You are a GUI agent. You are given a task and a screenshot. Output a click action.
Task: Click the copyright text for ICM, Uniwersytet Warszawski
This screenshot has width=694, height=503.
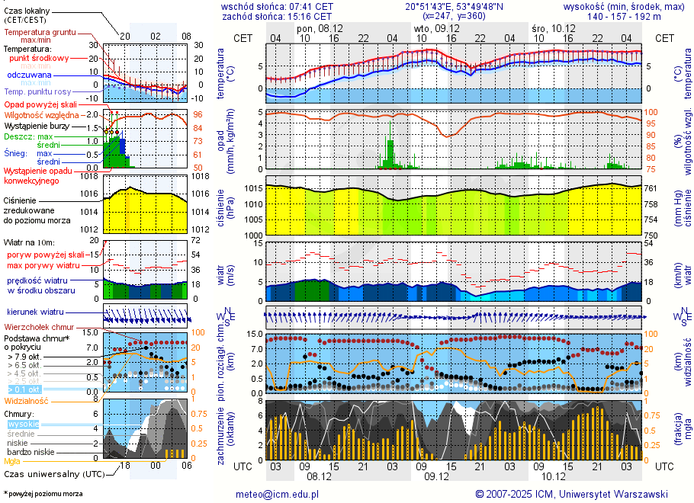pos(571,494)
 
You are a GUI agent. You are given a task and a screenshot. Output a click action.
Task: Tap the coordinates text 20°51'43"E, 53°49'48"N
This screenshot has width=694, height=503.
pos(454,5)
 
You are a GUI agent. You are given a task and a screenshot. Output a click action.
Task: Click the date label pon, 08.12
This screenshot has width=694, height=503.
pos(320,28)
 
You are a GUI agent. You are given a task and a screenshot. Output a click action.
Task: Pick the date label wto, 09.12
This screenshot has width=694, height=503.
pos(431,28)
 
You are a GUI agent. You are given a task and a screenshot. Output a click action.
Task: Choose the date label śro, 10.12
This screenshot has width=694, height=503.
pos(554,28)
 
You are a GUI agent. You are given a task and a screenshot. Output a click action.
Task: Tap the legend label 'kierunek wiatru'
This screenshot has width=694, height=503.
pos(36,312)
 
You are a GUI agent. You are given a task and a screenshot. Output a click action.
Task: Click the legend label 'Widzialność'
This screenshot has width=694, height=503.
pos(27,400)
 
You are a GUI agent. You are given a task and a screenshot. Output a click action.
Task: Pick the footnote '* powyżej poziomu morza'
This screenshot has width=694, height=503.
pos(43,494)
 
